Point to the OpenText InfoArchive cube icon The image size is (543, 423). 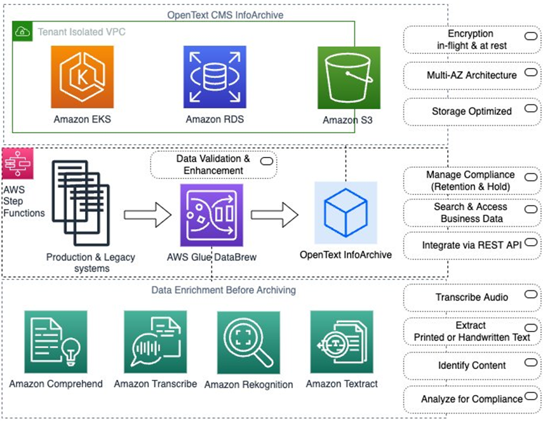coord(345,213)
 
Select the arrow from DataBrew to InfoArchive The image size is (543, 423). coord(275,215)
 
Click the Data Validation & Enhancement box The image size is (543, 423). coord(213,165)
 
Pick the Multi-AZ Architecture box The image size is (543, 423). coord(471,76)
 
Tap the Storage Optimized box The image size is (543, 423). coord(471,112)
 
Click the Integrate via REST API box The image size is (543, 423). coord(471,245)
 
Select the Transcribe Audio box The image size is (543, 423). coord(471,297)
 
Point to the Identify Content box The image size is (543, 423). coord(471,365)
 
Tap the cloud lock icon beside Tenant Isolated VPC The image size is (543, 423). coord(23,30)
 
